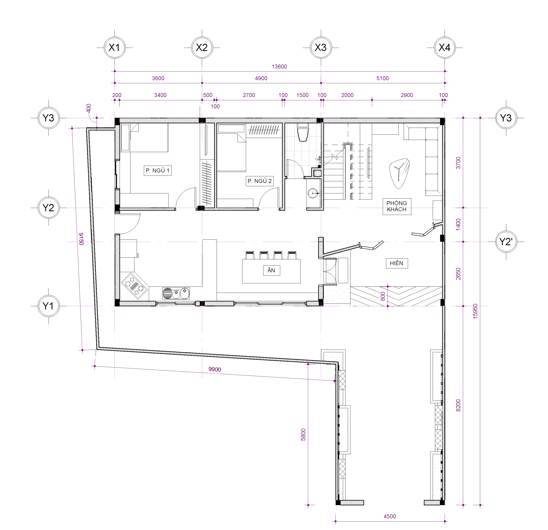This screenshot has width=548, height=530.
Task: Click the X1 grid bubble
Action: tap(114, 47)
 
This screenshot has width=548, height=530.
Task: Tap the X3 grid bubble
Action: tap(321, 47)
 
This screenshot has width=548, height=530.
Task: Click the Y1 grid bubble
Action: tap(48, 306)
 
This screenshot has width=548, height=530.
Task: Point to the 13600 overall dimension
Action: tap(279, 67)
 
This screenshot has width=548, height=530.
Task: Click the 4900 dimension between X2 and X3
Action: tap(261, 78)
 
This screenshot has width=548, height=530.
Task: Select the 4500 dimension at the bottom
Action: tap(390, 516)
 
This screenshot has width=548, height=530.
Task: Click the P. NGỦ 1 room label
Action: tap(158, 171)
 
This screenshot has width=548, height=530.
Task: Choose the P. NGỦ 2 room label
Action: tap(260, 181)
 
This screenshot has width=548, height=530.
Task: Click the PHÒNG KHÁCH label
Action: tap(397, 206)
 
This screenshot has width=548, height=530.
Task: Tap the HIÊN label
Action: tap(397, 263)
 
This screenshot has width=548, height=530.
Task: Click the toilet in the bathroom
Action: tap(303, 133)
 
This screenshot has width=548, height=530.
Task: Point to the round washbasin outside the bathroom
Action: tap(313, 193)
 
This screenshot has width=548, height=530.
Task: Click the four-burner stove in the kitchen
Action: tap(135, 286)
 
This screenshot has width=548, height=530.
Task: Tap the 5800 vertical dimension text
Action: tap(303, 434)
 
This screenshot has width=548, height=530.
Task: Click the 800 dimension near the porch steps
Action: tap(383, 296)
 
